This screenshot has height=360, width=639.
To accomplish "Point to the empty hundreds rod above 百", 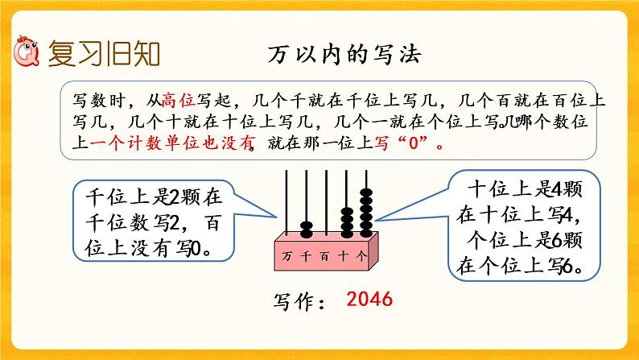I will (326, 201).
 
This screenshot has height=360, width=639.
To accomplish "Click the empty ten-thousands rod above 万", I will (287, 201).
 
